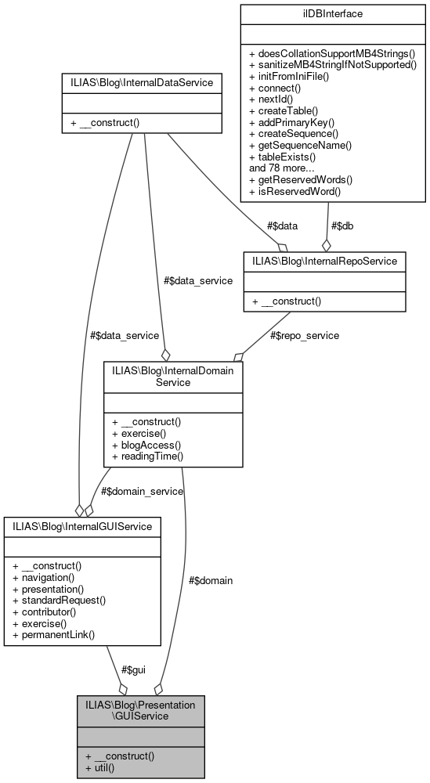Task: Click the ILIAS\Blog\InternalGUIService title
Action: coord(82,527)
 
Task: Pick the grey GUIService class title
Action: coord(141,711)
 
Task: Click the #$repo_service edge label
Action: coord(305,335)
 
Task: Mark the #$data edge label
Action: coord(282,226)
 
